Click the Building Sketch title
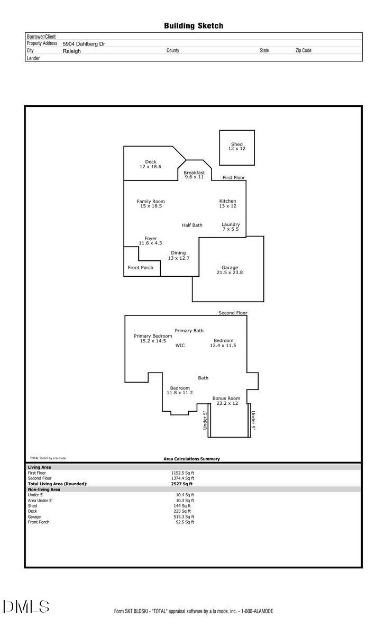[x=193, y=25]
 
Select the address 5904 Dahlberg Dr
[x=84, y=44]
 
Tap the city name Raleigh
[x=72, y=51]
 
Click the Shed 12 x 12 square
[x=237, y=148]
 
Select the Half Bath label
[x=192, y=225]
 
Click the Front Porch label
[x=141, y=268]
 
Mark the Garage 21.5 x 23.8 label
[x=230, y=270]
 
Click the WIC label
[x=180, y=345]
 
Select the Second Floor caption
[x=233, y=313]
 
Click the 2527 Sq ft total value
[x=182, y=484]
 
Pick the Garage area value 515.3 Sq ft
[x=184, y=516]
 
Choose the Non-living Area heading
[x=44, y=489]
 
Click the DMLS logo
[x=26, y=606]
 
